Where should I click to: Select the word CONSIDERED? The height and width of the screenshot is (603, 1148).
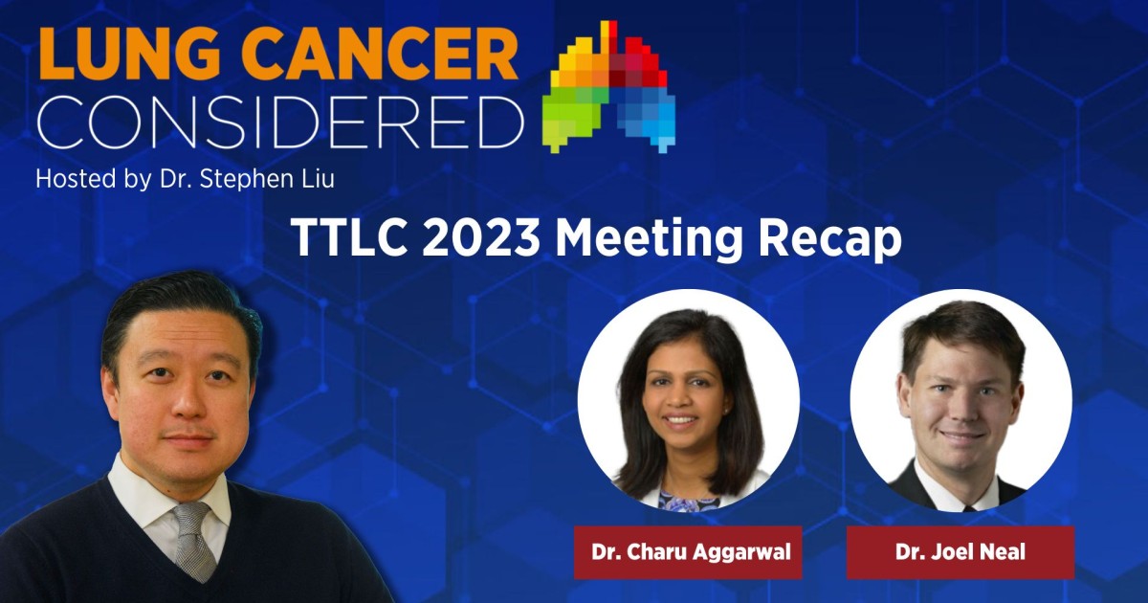tap(277, 122)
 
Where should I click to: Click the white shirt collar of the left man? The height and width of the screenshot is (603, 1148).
tap(139, 498)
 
